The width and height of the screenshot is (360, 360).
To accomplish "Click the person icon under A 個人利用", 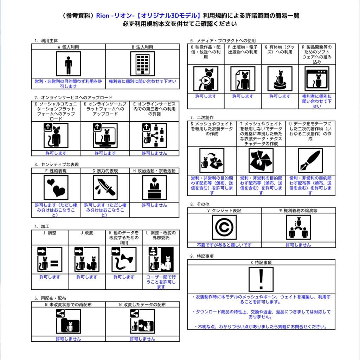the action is (x=69, y=64).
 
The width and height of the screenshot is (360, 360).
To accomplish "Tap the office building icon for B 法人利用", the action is (x=143, y=64).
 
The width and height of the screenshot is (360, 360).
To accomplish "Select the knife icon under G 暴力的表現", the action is (x=105, y=188).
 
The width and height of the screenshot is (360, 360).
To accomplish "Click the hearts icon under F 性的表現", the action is (x=56, y=188).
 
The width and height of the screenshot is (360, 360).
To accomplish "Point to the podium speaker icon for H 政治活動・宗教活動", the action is (x=155, y=188).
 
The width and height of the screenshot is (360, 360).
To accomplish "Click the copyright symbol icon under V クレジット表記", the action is (x=224, y=227).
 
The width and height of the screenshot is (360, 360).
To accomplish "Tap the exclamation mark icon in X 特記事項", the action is (x=261, y=279).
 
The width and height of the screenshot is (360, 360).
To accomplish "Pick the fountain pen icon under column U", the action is (x=310, y=160).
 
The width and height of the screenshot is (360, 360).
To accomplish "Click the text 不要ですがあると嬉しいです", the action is (x=224, y=245).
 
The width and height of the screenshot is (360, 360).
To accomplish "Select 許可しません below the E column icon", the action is (x=155, y=153).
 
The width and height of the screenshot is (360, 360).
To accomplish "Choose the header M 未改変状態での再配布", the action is (x=68, y=305).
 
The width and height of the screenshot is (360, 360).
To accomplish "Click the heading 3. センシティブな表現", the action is (x=57, y=165).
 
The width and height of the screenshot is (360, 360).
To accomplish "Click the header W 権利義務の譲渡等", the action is (x=298, y=211).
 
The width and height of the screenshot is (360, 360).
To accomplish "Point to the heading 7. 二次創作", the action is (x=202, y=117).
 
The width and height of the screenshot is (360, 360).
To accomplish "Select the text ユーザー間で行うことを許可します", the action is (x=161, y=282).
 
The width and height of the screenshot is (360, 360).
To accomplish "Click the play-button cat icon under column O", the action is (x=206, y=79).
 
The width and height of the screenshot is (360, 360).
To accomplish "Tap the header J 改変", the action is (x=87, y=233).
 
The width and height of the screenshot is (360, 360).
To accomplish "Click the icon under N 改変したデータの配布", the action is (x=143, y=321).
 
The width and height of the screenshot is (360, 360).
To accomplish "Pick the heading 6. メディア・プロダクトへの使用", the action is (x=223, y=41).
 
